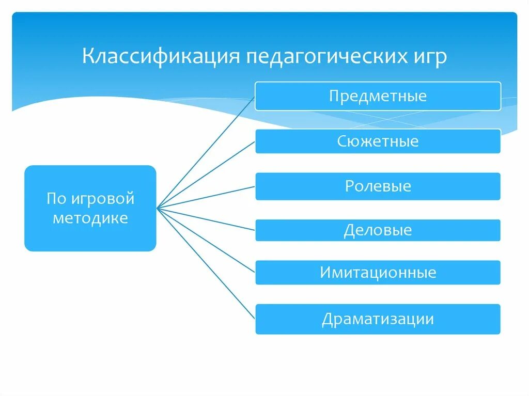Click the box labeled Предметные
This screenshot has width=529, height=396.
click(x=378, y=96)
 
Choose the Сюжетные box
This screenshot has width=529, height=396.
click(x=378, y=141)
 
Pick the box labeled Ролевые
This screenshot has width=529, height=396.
click(x=378, y=186)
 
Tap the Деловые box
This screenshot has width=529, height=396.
click(x=378, y=230)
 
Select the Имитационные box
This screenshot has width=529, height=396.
click(x=378, y=272)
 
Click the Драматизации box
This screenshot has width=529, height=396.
click(x=378, y=319)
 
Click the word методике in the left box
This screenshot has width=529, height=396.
click(x=90, y=218)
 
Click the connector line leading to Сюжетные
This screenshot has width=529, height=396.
click(x=207, y=174)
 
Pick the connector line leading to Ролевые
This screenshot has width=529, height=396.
click(x=207, y=197)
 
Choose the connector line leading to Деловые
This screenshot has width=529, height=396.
click(x=207, y=219)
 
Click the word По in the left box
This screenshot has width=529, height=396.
click(x=55, y=198)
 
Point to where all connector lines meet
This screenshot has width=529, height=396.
click(x=157, y=208)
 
